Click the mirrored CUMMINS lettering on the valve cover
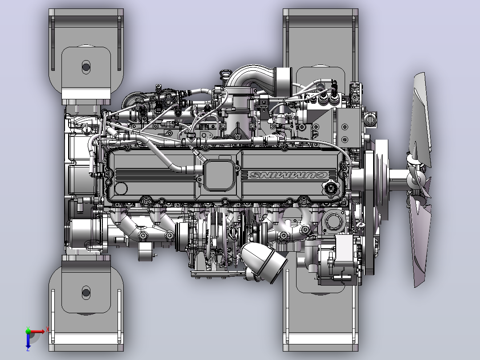(x=289, y=175)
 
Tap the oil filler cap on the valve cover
(x=331, y=188)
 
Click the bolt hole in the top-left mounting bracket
(x=86, y=67)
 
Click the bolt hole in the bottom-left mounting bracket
(x=86, y=293)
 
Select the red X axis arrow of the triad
(x=37, y=331)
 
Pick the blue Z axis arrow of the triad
(x=28, y=340)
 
